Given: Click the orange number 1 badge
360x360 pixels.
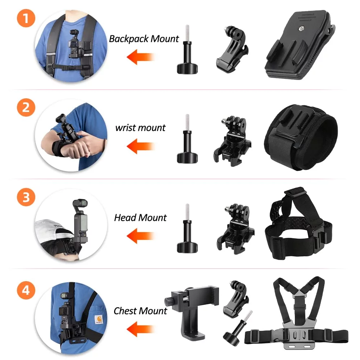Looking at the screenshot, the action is coord(26,18).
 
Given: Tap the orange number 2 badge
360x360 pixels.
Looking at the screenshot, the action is coord(26,107).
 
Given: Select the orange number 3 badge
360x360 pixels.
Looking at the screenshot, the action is coord(26,197).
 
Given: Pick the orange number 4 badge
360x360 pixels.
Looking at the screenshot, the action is coord(26,290).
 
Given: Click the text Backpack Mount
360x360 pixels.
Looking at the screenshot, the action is coord(144,39).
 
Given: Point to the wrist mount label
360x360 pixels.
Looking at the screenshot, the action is coord(140,128).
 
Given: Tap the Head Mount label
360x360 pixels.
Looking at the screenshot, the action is coord(140,217).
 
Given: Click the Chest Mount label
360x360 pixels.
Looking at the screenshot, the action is coord(140,311).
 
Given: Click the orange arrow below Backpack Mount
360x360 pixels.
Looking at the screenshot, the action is coord(140,57).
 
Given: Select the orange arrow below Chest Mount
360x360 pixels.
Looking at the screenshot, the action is coord(140,329).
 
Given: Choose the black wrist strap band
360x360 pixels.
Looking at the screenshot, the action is coord(301,138).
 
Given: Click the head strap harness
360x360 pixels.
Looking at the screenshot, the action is coord(299,224).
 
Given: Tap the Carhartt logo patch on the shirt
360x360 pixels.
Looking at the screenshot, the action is coord(99,320).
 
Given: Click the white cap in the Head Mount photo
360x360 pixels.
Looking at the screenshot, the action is coord(54,230).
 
